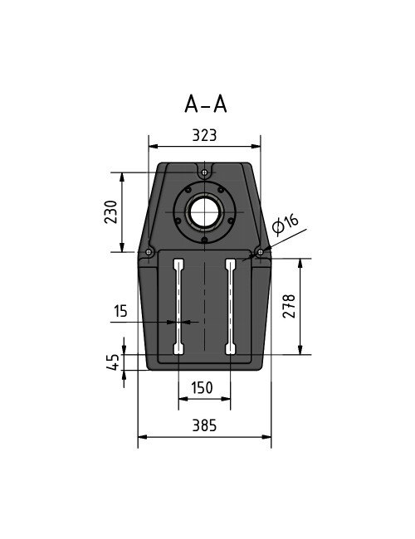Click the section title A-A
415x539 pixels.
click(x=205, y=104)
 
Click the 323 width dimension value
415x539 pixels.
click(x=204, y=134)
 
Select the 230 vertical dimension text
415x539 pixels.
click(x=110, y=212)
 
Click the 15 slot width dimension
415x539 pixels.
click(x=121, y=311)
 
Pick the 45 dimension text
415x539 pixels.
click(x=111, y=362)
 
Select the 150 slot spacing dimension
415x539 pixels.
click(x=203, y=388)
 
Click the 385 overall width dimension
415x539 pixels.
click(x=204, y=425)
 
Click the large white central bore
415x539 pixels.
click(x=204, y=212)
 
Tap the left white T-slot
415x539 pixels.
click(x=178, y=307)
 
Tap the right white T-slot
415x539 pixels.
click(x=231, y=307)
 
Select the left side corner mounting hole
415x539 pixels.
click(x=148, y=251)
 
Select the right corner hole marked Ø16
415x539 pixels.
click(x=260, y=250)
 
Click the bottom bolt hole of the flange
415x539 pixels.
click(x=204, y=240)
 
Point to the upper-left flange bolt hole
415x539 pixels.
click(x=188, y=189)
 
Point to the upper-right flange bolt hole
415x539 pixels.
click(x=221, y=189)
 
